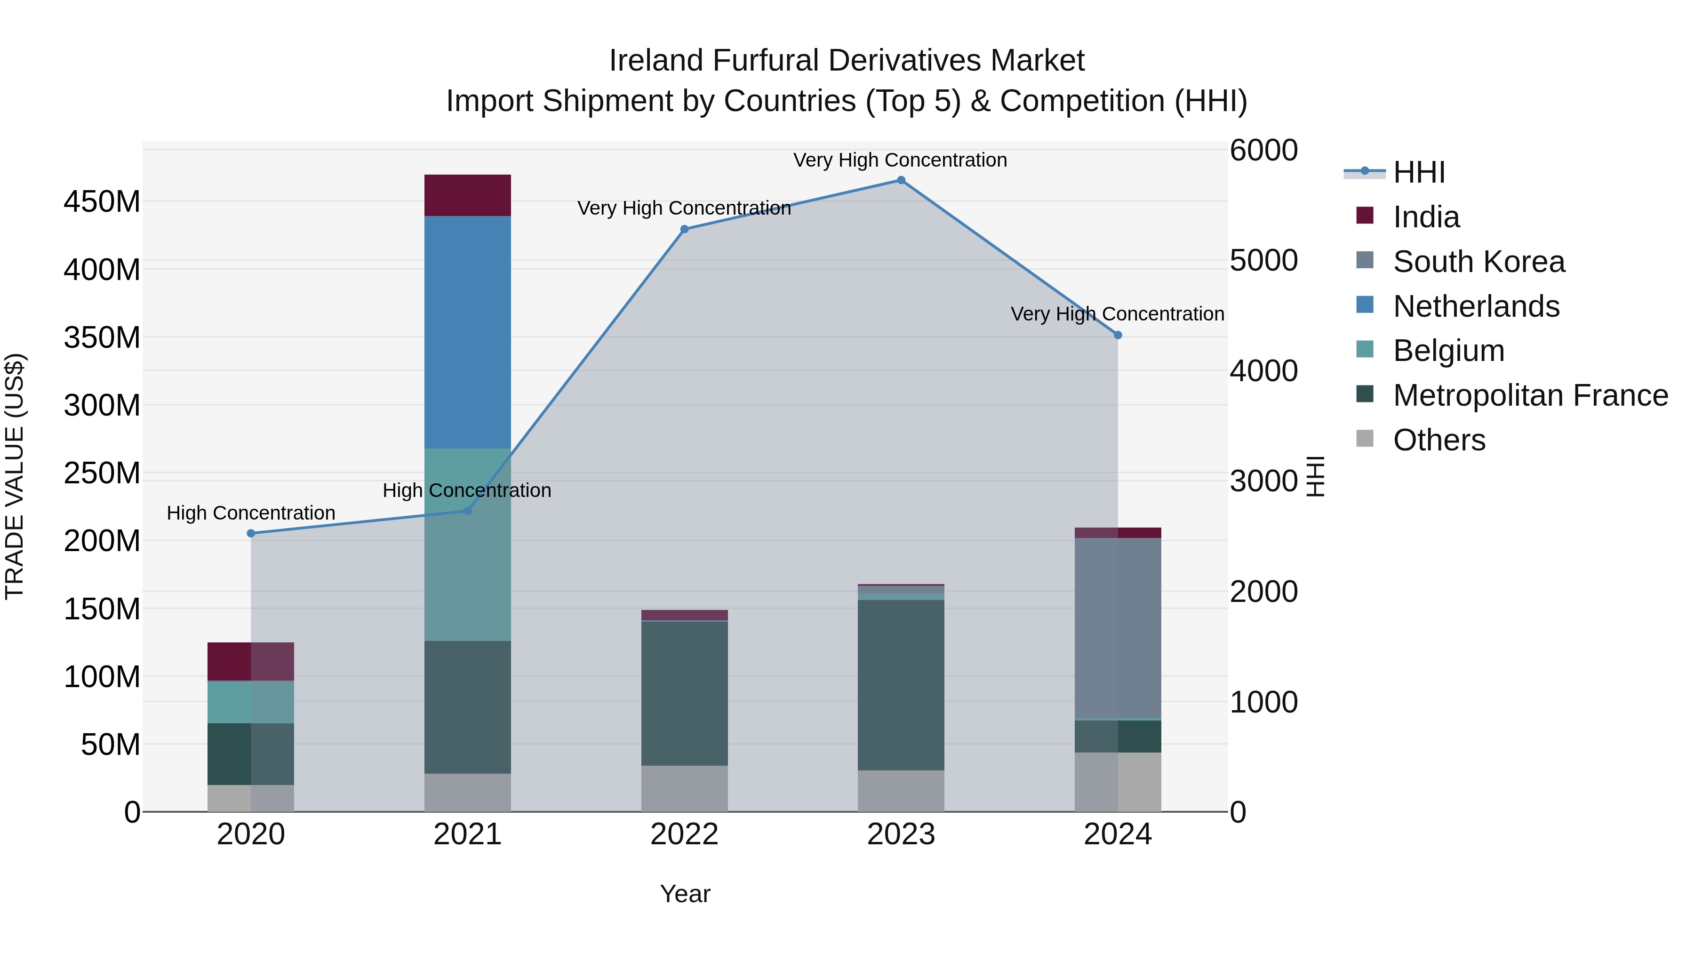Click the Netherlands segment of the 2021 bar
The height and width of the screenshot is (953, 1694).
coord(468,332)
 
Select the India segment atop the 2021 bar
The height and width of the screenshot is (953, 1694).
coord(468,195)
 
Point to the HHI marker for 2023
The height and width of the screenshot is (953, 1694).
coord(901,180)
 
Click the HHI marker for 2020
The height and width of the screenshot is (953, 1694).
coord(251,533)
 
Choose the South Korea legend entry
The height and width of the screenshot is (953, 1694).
coord(1478,262)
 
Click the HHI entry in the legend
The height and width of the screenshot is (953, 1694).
coord(1418,172)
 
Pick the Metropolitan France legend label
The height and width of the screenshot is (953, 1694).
coord(1530,395)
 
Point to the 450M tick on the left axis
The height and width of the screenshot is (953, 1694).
coord(102,201)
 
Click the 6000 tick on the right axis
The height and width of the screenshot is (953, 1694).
coord(1263,150)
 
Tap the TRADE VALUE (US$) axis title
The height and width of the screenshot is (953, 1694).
coord(15,476)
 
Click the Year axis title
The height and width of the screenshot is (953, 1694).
coord(685,894)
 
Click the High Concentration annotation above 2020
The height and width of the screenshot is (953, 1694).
coord(251,513)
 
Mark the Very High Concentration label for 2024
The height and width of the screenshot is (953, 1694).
coord(1117,314)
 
